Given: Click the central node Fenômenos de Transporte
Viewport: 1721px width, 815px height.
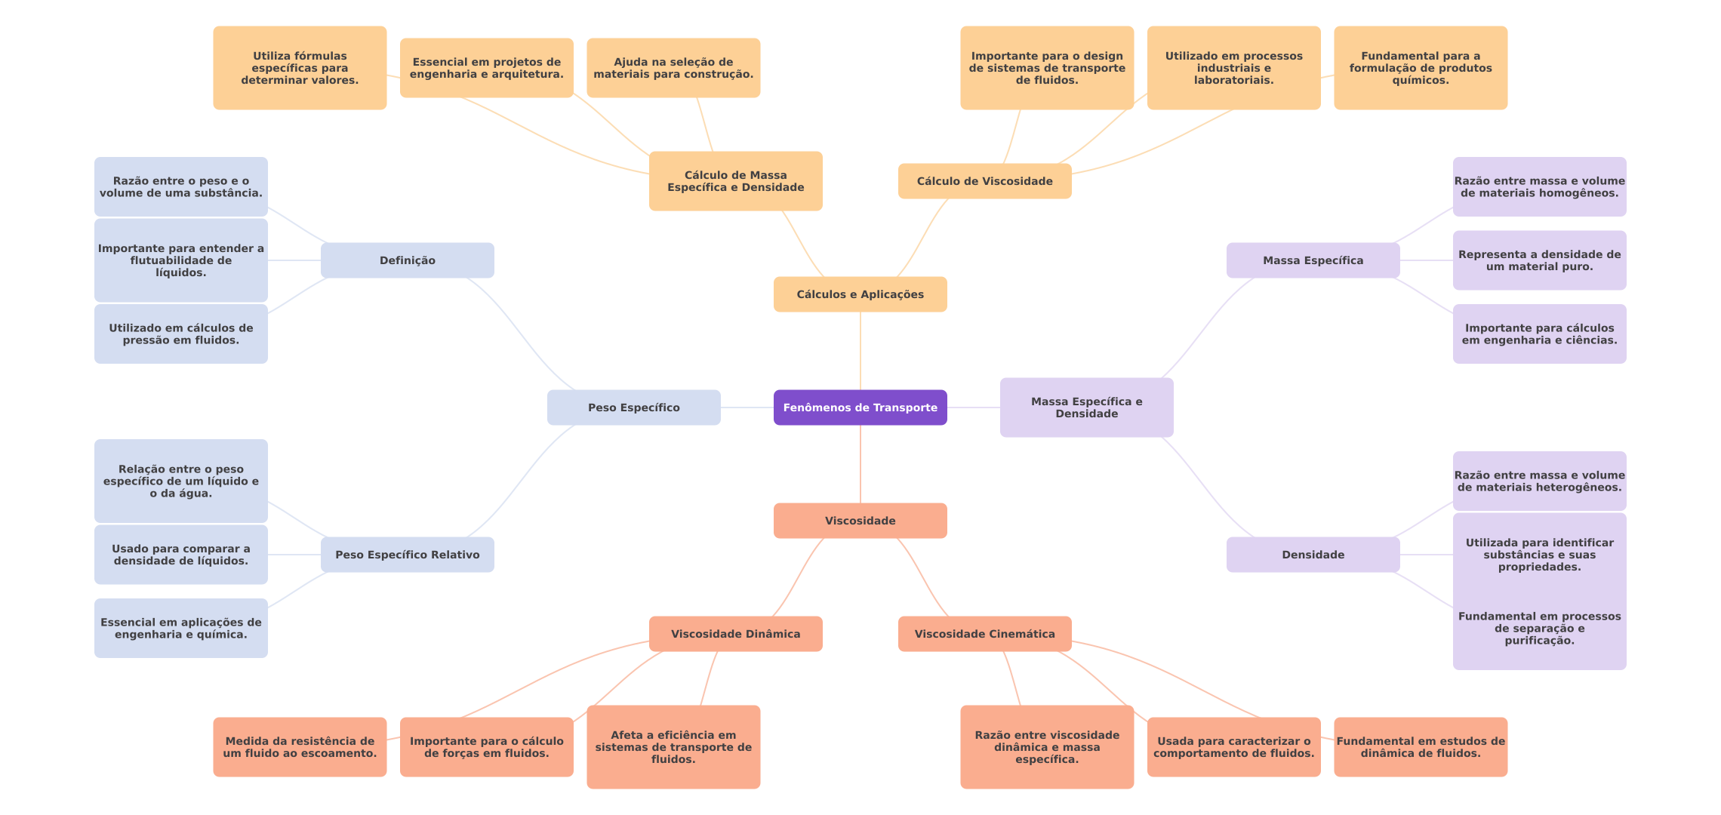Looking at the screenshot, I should coord(860,407).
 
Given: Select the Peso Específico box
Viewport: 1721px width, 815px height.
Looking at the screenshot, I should coord(633,407).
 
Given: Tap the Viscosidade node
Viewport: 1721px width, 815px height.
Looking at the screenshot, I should coord(860,521).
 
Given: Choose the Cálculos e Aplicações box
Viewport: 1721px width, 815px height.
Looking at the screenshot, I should coord(860,294).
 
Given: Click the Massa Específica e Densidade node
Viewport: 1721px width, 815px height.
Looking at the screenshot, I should coord(1086,407).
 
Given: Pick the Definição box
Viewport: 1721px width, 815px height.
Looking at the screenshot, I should coord(407,260).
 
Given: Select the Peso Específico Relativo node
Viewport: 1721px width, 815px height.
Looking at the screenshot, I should coord(407,555).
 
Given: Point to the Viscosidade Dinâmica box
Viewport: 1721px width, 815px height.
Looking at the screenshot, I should coord(735,634).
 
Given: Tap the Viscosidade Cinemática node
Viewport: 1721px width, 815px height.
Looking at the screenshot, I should coord(984,634).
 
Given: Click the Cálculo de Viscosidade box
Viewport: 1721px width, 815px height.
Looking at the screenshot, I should coord(984,181).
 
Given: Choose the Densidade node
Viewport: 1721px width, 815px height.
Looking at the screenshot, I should coord(1313,555).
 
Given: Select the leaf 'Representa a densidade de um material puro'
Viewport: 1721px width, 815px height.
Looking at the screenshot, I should coord(1539,260).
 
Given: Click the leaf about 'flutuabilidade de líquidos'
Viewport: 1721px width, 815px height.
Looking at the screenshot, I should coord(180,260).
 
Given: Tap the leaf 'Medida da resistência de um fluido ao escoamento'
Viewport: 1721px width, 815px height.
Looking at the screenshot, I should coord(300,747).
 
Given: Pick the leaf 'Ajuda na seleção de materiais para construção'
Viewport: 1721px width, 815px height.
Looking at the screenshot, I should coord(673,68).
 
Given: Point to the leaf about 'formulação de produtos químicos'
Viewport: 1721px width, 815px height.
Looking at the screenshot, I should coord(1421,68).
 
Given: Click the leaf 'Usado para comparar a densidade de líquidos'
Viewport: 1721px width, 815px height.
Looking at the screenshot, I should coord(180,555).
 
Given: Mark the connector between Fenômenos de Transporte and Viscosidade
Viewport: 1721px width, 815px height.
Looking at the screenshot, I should coord(860,464).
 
